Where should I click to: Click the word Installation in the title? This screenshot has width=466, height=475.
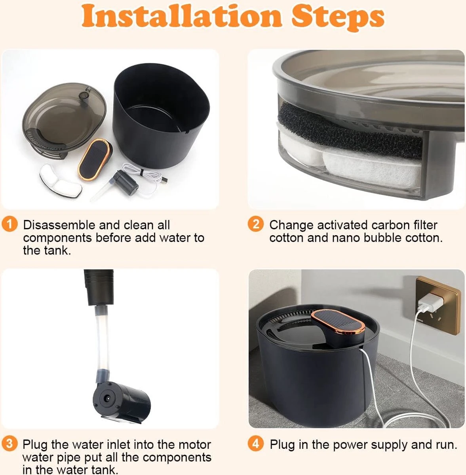click(x=182, y=16)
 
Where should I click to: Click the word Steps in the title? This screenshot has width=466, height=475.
click(x=338, y=17)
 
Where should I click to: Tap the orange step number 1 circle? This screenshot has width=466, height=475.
click(x=10, y=224)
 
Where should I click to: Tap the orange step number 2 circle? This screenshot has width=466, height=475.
click(x=256, y=224)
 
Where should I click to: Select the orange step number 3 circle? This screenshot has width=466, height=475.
click(x=10, y=444)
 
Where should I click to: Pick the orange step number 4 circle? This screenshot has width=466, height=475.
click(x=256, y=444)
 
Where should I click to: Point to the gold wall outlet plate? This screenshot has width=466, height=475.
click(x=438, y=305)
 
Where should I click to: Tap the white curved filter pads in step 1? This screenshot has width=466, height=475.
click(x=60, y=181)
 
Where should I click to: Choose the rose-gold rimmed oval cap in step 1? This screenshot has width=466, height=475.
click(x=95, y=159)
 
